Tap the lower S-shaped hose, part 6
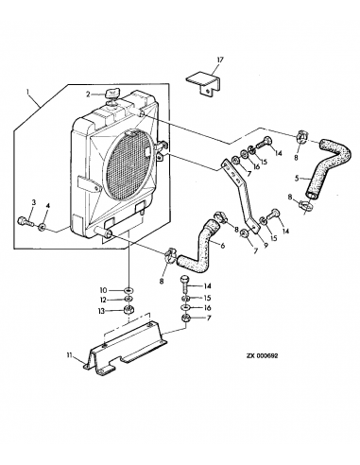click(x=201, y=246)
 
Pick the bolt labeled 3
click(x=22, y=223)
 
